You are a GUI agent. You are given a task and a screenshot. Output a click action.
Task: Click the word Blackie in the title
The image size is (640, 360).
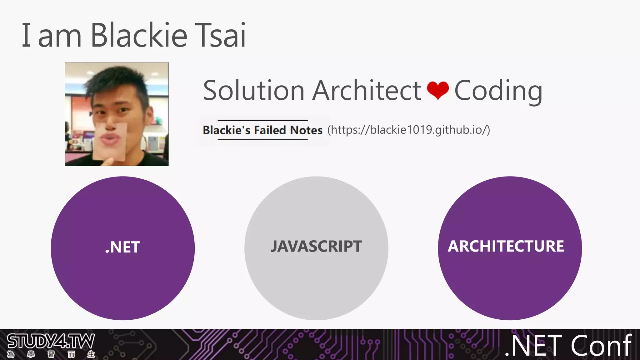click(x=139, y=35)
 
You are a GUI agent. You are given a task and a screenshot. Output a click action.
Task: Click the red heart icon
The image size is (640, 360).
click(x=437, y=90)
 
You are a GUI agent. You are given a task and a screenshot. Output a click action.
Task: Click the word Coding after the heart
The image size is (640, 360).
click(x=498, y=91)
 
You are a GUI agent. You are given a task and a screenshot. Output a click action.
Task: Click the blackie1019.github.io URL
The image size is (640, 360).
click(x=409, y=129)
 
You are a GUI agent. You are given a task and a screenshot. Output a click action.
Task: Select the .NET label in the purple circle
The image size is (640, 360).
click(x=122, y=247)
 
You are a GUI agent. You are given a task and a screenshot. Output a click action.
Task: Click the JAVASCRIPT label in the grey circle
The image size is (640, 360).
click(x=316, y=246)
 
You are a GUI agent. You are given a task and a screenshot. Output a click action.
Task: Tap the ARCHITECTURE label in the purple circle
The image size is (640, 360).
click(x=506, y=246)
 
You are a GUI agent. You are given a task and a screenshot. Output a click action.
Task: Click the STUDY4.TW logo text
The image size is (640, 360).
click(x=51, y=341)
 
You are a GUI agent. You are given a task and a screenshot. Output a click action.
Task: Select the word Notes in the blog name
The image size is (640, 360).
click(x=306, y=130)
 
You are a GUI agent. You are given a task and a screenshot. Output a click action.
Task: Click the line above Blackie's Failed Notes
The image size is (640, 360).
click(x=262, y=120)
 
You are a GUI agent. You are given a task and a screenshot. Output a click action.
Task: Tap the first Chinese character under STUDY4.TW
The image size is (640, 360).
click(x=11, y=354)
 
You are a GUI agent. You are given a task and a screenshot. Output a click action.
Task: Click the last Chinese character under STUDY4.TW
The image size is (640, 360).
click(x=91, y=354)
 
